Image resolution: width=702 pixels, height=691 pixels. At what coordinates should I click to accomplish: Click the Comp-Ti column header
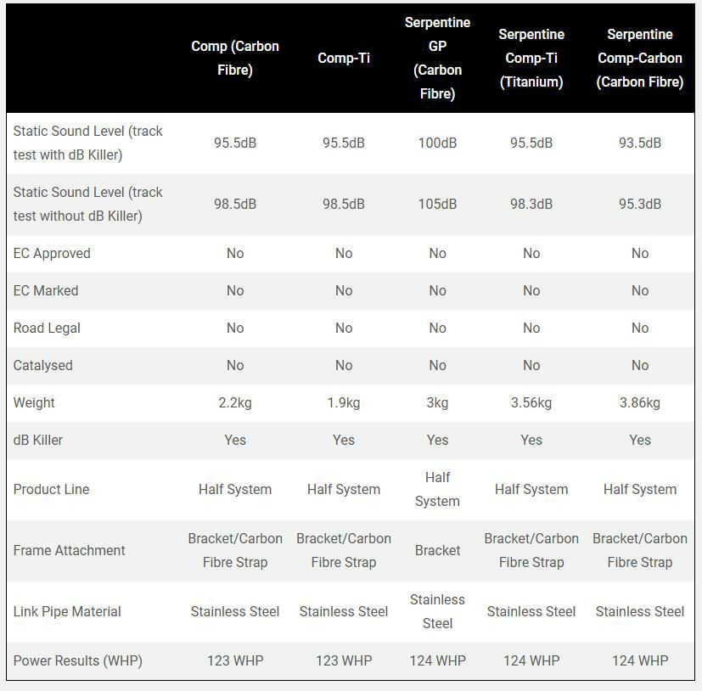tap(343, 58)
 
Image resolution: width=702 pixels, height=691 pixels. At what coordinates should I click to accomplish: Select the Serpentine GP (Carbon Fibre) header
tap(437, 58)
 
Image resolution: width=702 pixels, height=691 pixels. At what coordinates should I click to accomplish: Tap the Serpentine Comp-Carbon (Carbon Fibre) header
tap(639, 58)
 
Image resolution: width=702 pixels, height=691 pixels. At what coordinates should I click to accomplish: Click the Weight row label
tap(34, 402)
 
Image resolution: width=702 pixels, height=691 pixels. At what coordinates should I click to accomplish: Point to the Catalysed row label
tap(42, 365)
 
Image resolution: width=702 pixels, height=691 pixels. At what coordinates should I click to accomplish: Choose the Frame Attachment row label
tap(69, 550)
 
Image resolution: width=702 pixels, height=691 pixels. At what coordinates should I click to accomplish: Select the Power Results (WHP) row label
tap(77, 660)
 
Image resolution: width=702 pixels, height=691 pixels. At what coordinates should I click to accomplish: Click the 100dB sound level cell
tap(437, 143)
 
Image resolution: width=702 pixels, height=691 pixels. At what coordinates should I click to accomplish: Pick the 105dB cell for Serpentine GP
tap(437, 204)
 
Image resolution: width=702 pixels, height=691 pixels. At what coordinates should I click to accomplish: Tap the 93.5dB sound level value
tap(639, 143)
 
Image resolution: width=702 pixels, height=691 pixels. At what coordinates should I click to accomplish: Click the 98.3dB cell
tap(531, 204)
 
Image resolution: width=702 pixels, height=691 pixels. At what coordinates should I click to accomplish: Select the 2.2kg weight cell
tap(235, 402)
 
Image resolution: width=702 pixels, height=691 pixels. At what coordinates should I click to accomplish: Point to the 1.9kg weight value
tap(343, 402)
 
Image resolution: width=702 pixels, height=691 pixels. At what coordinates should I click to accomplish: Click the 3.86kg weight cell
tap(639, 402)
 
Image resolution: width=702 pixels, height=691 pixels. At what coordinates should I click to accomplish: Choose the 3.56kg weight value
tap(531, 402)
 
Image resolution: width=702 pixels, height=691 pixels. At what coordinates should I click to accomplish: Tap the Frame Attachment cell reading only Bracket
tap(437, 550)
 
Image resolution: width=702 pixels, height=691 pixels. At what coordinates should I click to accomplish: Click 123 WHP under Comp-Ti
tap(343, 660)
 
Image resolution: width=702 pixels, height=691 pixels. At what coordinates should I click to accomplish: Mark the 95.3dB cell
tap(639, 204)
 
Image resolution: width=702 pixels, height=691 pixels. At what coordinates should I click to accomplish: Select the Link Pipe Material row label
tap(67, 611)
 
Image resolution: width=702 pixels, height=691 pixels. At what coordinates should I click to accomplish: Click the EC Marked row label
tap(46, 290)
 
